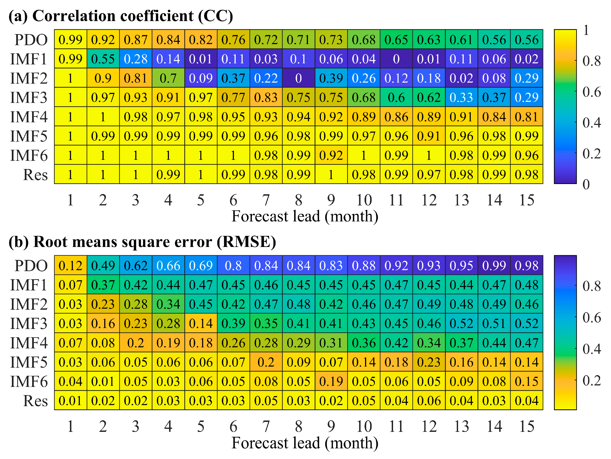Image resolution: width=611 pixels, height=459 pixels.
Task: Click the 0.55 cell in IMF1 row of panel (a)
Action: click(x=103, y=59)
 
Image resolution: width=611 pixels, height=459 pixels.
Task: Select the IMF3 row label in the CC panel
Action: click(x=29, y=97)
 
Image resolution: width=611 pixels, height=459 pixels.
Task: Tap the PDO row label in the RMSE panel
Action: click(x=31, y=266)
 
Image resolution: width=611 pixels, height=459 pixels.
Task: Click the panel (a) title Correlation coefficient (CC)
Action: click(x=121, y=16)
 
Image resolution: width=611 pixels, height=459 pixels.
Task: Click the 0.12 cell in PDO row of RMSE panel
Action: click(x=70, y=266)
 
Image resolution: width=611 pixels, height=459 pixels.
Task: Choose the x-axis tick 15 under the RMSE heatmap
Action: click(x=527, y=426)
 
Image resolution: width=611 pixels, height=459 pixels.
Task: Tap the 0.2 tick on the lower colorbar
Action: click(x=591, y=381)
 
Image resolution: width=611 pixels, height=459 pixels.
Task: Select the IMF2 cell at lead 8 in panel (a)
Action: click(x=299, y=78)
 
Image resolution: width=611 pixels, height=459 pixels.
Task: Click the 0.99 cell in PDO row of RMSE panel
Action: click(x=494, y=266)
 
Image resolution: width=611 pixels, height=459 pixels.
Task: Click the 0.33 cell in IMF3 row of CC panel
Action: click(x=461, y=97)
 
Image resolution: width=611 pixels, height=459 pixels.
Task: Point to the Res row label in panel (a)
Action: click(x=35, y=175)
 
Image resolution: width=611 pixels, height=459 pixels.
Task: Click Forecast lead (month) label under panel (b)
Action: click(x=305, y=443)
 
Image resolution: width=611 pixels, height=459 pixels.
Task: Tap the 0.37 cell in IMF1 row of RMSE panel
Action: click(x=103, y=285)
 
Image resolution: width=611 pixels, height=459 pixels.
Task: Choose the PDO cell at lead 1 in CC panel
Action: click(x=70, y=40)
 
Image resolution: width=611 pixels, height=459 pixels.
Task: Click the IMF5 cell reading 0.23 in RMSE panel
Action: click(x=429, y=362)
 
